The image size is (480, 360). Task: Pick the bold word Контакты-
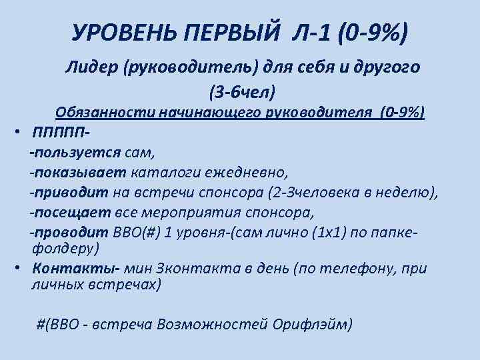65,268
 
